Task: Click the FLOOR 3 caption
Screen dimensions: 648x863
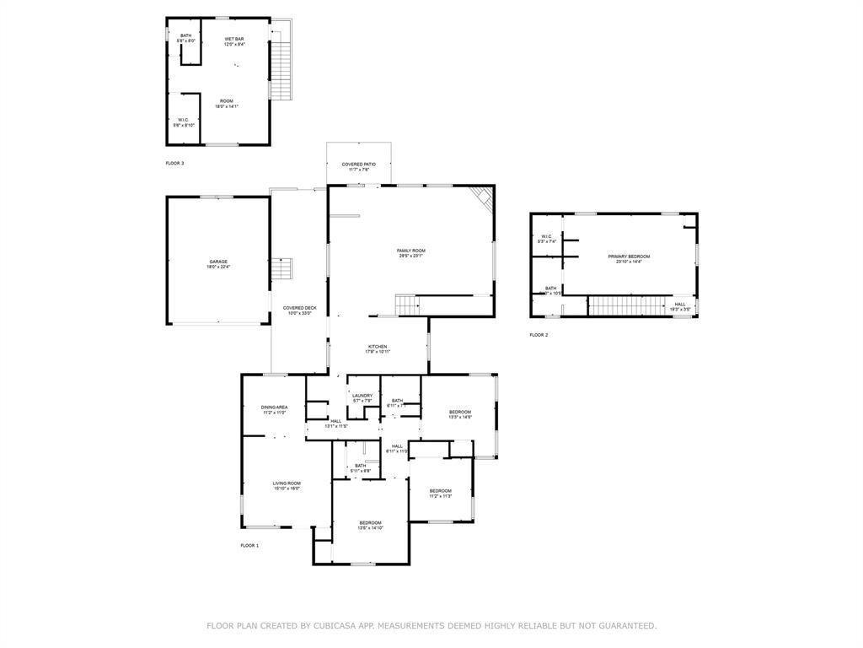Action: (x=174, y=163)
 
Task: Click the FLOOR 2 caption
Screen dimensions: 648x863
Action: (x=539, y=335)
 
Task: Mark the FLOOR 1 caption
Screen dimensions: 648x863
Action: (x=249, y=546)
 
